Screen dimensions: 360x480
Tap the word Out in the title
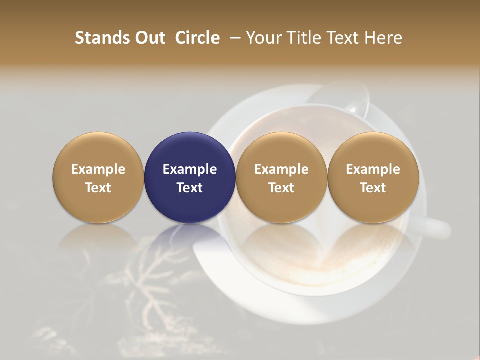(x=149, y=38)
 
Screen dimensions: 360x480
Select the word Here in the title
(x=385, y=38)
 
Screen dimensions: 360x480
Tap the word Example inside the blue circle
(x=190, y=169)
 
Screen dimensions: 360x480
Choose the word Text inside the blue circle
(x=190, y=188)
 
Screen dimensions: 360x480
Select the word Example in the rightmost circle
(x=373, y=169)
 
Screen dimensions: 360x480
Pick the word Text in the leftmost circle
(x=98, y=188)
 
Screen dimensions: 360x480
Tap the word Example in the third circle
(x=281, y=169)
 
